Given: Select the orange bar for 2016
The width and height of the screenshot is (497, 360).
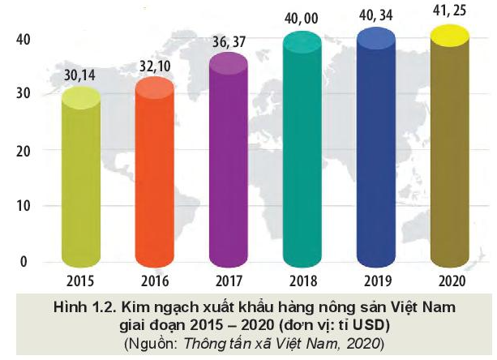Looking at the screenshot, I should pyautogui.click(x=154, y=174).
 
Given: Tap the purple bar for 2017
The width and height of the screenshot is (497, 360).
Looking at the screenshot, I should pyautogui.click(x=228, y=162).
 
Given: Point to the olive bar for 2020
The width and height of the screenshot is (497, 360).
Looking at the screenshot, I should pyautogui.click(x=451, y=154).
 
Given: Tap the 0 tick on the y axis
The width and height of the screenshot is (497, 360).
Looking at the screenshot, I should pyautogui.click(x=24, y=262).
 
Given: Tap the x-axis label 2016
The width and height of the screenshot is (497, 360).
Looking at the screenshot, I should pyautogui.click(x=154, y=282).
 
